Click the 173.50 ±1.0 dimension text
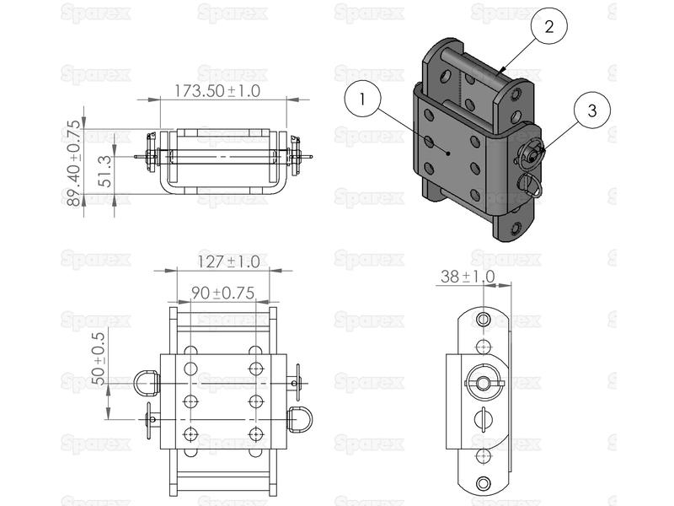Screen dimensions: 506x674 click(217, 90)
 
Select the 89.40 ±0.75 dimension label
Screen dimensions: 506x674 click(74, 161)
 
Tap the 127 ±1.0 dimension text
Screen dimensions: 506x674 click(228, 261)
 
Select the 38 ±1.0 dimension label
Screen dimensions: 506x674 click(467, 276)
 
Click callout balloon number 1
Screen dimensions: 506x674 click(362, 100)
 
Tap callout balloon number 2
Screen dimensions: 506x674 click(548, 26)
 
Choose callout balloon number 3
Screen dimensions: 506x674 click(592, 110)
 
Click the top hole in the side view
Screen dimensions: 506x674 click(483, 320)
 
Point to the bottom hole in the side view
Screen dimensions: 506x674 click(483, 483)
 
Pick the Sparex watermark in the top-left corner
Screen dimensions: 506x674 click(95, 13)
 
